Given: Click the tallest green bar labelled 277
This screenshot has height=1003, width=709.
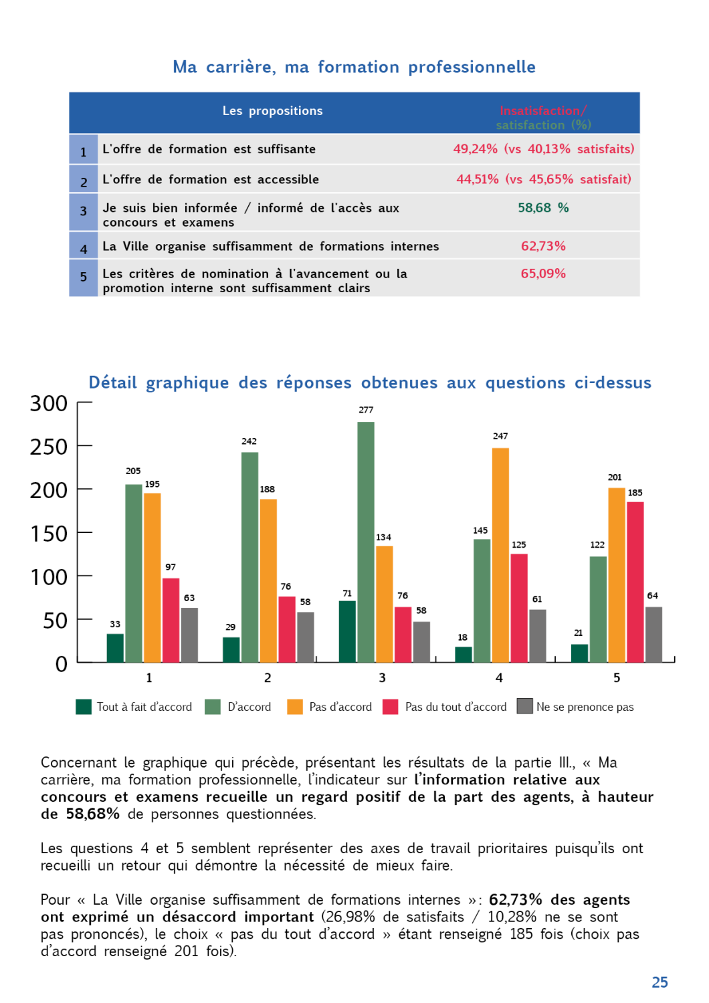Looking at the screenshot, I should (366, 542).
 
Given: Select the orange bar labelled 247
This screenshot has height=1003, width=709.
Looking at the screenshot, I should (500, 555).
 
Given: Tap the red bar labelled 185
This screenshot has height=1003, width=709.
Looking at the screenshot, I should (635, 582).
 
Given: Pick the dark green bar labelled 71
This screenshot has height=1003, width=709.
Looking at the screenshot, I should (347, 631).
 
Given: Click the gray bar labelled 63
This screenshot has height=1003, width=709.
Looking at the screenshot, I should (189, 635).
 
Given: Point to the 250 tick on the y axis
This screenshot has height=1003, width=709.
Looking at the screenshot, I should (49, 447).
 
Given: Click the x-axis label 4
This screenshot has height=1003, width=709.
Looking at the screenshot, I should (499, 678).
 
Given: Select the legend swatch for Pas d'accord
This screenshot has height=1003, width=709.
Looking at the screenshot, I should (295, 707).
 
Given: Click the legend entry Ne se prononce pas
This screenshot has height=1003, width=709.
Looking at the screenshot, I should (585, 707).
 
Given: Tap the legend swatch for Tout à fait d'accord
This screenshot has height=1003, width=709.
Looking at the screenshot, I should (84, 707).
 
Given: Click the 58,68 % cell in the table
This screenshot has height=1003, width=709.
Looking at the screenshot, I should (543, 208).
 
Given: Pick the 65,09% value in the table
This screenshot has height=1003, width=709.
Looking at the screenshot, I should (543, 273).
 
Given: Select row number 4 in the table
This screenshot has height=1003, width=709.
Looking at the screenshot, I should (84, 249).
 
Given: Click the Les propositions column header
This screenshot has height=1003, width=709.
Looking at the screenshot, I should (272, 111).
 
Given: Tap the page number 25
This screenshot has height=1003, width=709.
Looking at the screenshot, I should (660, 982).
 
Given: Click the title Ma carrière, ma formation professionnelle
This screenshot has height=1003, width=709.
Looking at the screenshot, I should (354, 67).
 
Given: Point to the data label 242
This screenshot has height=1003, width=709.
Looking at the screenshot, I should (249, 441).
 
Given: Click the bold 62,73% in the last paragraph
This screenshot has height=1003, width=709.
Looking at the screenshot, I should (515, 899).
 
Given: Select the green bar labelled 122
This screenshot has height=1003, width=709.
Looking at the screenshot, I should (598, 608).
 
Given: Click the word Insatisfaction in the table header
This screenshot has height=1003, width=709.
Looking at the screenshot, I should (540, 111).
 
